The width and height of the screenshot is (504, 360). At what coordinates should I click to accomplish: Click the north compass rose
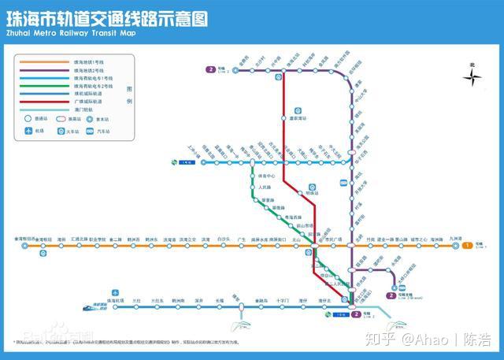(x=471, y=76)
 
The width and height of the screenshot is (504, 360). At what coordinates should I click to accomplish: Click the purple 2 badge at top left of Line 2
(x=210, y=69)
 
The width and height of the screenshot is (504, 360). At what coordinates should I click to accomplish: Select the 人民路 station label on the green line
(x=265, y=187)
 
